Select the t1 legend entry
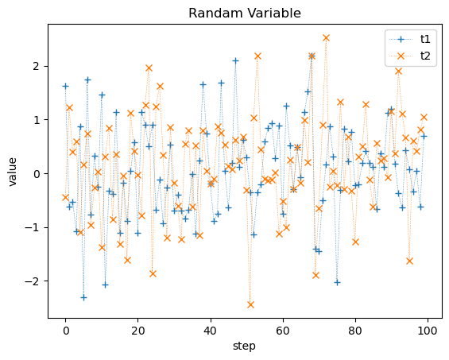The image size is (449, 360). point(410,39)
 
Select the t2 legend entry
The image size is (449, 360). point(410,56)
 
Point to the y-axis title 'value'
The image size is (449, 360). point(13,172)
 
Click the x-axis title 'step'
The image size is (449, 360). point(244,346)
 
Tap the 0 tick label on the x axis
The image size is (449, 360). point(66,331)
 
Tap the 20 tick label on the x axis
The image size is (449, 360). point(138,331)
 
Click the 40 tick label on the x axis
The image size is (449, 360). point(211,331)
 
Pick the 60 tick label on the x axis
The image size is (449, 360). point(283,331)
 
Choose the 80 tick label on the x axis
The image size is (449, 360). point(355,331)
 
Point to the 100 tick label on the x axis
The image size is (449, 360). point(428,331)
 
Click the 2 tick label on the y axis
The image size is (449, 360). point(37,67)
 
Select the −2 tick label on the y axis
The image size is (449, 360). point(33,281)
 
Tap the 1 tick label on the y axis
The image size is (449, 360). point(37,120)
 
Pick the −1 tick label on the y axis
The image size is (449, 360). point(33,228)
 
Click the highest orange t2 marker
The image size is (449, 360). point(326,38)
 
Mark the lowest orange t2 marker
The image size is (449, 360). point(250,304)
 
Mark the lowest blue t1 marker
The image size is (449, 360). point(84,297)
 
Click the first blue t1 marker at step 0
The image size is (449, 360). point(66,86)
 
